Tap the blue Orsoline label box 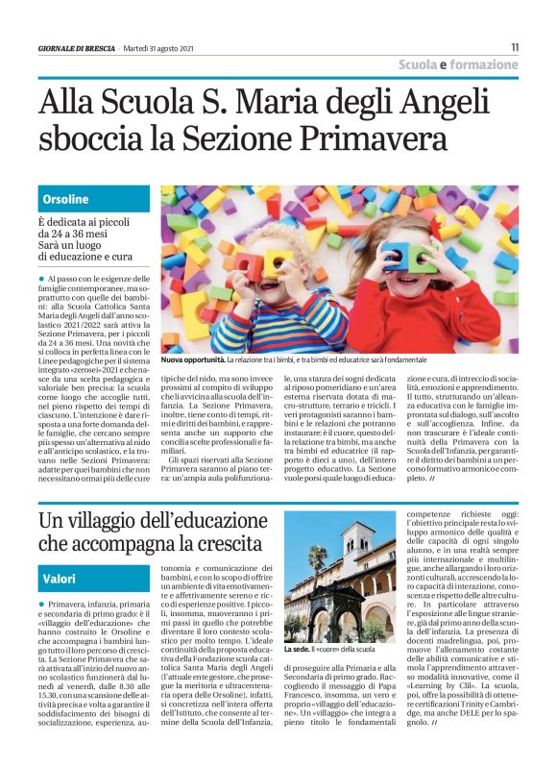coord(94,199)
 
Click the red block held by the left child coord(257,262)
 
